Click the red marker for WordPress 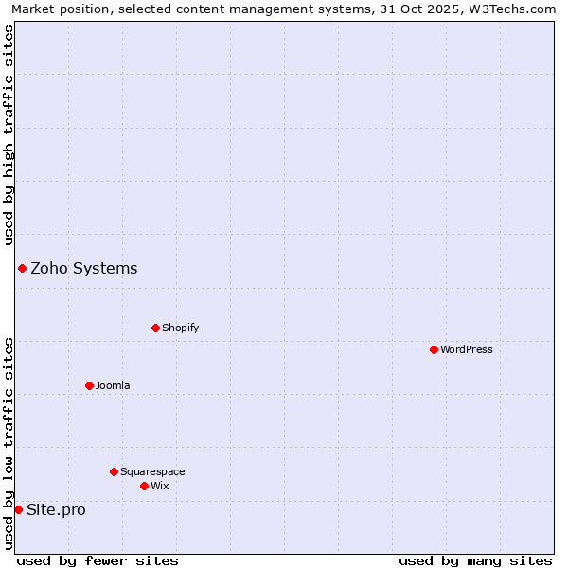434,349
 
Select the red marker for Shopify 155,328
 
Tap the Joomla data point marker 89,385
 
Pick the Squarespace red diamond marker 114,471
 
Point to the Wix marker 144,486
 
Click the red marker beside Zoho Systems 22,268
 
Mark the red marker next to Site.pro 18,509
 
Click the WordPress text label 467,349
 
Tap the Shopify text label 181,328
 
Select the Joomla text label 113,385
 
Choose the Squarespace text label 152,471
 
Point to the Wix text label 160,486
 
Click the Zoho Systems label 84,268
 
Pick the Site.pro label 56,509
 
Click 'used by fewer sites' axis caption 98,560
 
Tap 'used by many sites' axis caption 475,560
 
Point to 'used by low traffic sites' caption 9,443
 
